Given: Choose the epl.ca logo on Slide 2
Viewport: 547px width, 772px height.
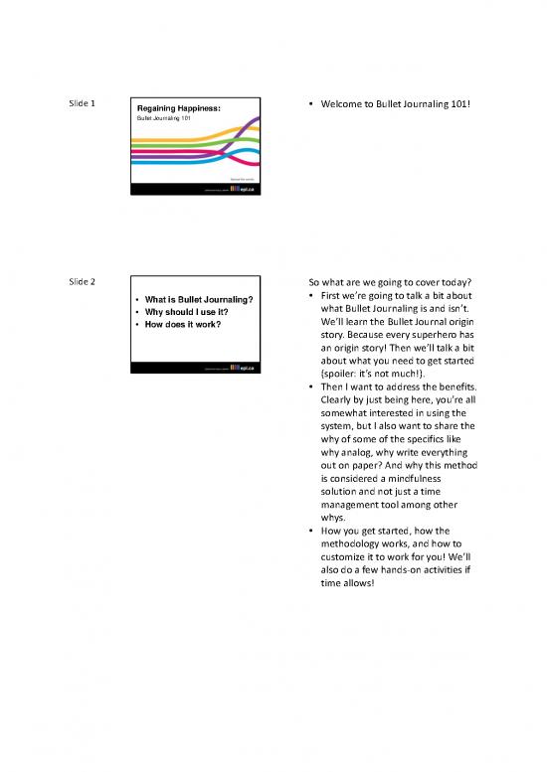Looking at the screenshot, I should (x=241, y=368).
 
